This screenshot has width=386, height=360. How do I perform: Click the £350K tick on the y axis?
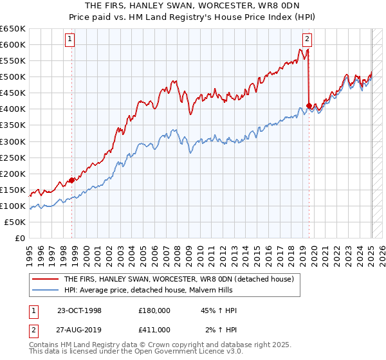pyautogui.click(x=13, y=125)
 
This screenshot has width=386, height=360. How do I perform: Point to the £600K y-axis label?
pyautogui.click(x=13, y=44)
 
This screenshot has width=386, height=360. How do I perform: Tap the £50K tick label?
pyautogui.click(x=15, y=222)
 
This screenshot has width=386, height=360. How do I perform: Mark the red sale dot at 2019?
pyautogui.click(x=309, y=105)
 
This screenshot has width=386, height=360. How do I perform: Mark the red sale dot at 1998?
pyautogui.click(x=71, y=180)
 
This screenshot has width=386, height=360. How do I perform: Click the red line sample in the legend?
pyautogui.click(x=45, y=279)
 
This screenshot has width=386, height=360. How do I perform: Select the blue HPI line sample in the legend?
pyautogui.click(x=45, y=290)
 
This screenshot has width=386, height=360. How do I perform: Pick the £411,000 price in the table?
pyautogui.click(x=154, y=329)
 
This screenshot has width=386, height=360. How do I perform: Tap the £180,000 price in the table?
pyautogui.click(x=154, y=310)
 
